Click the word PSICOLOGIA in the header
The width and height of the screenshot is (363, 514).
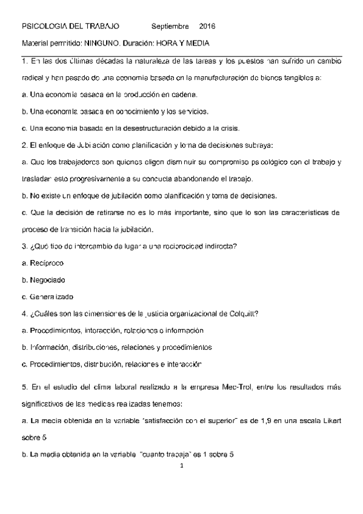pyautogui.click(x=44, y=27)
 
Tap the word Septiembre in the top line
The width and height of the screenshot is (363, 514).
pyautogui.click(x=170, y=27)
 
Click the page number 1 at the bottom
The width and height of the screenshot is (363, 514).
pyautogui.click(x=182, y=467)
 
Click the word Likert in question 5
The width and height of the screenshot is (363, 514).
pyautogui.click(x=330, y=419)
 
